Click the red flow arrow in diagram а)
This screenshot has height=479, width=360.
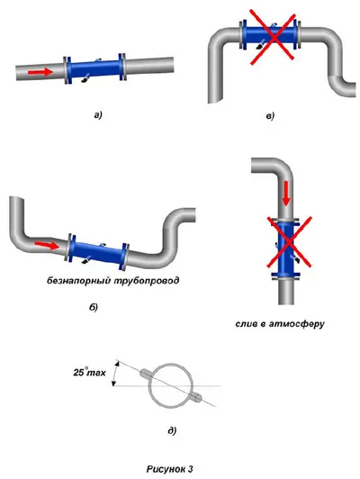[40, 72]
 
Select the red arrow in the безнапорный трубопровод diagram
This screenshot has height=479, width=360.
[47, 245]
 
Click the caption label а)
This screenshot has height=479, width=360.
[98, 115]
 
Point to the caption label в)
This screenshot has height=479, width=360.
[270, 116]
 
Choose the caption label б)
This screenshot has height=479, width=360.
[94, 307]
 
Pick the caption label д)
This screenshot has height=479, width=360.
[172, 430]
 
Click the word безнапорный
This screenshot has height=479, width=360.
[79, 280]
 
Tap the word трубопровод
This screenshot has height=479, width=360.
[147, 280]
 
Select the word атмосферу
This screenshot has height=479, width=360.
[296, 324]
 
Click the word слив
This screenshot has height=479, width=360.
[247, 323]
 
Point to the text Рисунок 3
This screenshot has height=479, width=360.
[170, 468]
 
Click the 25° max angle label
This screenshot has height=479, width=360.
[89, 373]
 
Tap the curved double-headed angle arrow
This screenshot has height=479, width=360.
[114, 374]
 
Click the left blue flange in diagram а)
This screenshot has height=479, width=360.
[67, 70]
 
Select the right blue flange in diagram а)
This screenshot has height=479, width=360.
[122, 67]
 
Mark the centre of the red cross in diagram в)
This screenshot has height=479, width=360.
[273, 37]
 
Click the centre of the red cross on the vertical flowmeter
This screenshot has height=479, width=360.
[289, 242]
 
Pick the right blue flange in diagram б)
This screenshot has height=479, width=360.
[125, 257]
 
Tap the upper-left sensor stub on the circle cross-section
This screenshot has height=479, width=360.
[148, 374]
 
